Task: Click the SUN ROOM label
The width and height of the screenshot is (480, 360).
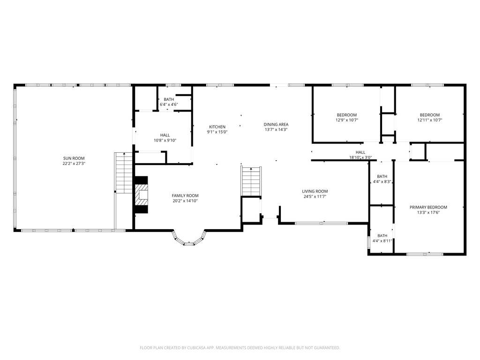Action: click(x=74, y=158)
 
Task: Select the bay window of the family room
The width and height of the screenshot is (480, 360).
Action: click(x=189, y=240)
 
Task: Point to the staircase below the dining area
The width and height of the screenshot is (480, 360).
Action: click(x=250, y=181)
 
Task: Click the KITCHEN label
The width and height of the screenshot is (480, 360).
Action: click(x=217, y=127)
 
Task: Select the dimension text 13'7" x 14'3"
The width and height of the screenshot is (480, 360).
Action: click(x=276, y=130)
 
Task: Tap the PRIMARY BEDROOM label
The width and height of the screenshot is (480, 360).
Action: click(x=428, y=207)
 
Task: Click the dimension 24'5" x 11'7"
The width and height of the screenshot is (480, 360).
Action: click(x=315, y=196)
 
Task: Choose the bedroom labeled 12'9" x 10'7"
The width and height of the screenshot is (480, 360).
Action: click(x=346, y=117)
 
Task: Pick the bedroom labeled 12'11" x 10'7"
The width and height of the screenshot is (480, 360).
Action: click(x=429, y=117)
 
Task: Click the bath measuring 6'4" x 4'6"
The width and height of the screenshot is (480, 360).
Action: click(x=168, y=102)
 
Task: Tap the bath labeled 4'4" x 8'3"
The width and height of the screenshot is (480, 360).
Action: click(x=382, y=179)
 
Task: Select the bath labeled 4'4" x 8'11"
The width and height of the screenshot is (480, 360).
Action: click(x=382, y=238)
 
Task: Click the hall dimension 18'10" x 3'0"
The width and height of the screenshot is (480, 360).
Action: click(x=360, y=158)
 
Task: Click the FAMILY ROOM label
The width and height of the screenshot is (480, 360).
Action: click(x=185, y=196)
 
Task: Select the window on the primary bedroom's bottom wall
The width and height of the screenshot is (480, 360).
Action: click(x=425, y=254)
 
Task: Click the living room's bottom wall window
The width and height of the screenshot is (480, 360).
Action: click(x=321, y=223)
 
